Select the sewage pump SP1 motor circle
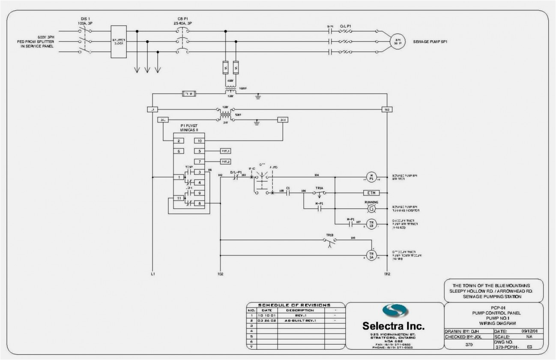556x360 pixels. tap(397, 42)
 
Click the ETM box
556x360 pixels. tap(371, 193)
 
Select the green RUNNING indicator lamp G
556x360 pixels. tap(371, 209)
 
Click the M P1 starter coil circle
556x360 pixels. tap(371, 177)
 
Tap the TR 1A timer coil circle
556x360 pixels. tap(371, 255)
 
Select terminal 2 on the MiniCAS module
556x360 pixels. tap(179, 141)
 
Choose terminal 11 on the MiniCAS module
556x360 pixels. tap(179, 198)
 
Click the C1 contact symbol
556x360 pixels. tap(288, 193)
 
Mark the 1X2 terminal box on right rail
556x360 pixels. tap(387, 109)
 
